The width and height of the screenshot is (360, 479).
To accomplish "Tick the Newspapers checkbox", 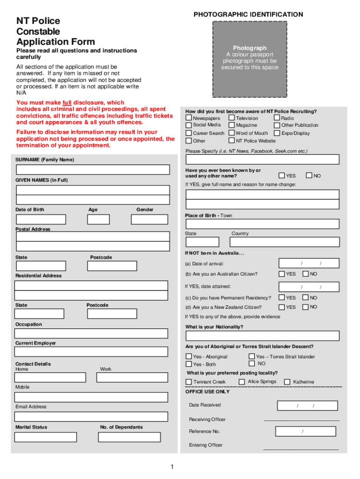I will click(x=189, y=118).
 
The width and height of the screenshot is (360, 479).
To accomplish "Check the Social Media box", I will click(x=189, y=125).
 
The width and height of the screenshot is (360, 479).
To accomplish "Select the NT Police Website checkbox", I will click(x=231, y=141).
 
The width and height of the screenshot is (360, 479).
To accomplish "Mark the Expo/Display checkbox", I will click(x=277, y=133).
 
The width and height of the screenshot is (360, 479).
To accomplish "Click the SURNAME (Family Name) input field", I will click(x=93, y=169).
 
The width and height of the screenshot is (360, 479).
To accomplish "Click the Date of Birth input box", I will click(x=41, y=219).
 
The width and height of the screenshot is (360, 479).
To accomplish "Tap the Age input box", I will click(x=98, y=219).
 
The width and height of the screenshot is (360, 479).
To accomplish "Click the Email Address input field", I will click(x=91, y=416).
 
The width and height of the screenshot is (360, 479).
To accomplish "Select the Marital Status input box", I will click(x=45, y=437).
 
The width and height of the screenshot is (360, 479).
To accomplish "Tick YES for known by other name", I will click(x=282, y=175).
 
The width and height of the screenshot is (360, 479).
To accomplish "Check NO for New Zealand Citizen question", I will click(x=305, y=307).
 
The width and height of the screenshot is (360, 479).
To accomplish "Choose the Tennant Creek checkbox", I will click(x=189, y=382).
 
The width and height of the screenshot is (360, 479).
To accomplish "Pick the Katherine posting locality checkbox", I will click(x=287, y=382).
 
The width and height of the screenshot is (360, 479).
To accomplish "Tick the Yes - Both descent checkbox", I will click(x=189, y=364).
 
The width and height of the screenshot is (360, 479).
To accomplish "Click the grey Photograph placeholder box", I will click(x=250, y=58).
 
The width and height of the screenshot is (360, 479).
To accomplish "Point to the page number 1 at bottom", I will click(x=172, y=466).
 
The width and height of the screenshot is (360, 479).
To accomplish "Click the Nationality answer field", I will click(x=262, y=336).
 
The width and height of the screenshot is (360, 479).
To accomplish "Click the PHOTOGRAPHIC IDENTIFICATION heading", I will click(x=248, y=15).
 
